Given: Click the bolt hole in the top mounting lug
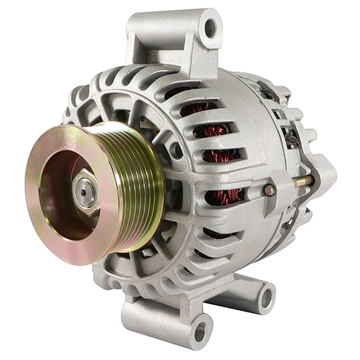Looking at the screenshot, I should (211, 28).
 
